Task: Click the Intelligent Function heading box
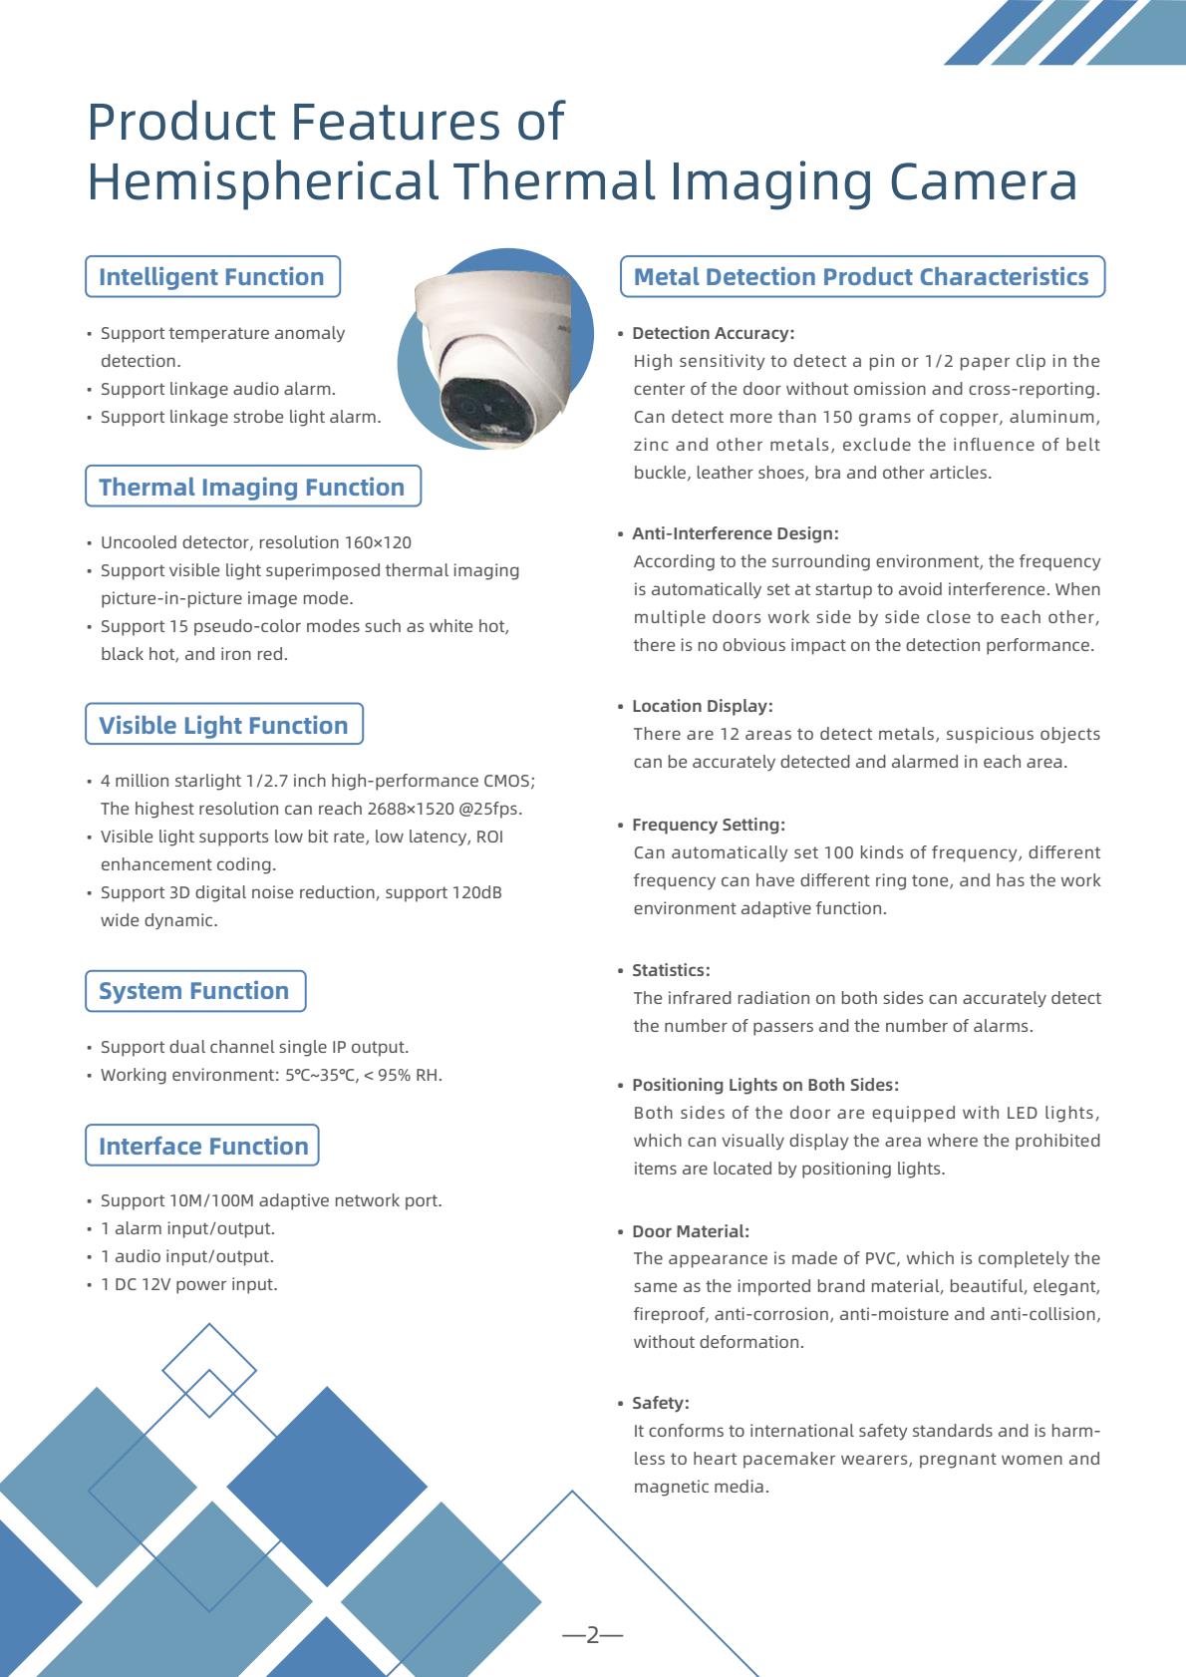click(212, 277)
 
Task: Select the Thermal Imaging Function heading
click(252, 487)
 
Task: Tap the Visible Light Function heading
click(223, 725)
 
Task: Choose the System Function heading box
click(194, 991)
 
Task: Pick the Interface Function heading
click(203, 1146)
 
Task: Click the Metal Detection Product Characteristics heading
click(861, 277)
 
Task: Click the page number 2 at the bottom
click(592, 1635)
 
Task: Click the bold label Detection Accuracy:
click(713, 333)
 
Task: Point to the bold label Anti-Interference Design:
click(735, 533)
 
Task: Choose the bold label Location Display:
click(702, 706)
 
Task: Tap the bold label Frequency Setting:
click(709, 825)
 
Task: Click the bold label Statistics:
click(671, 970)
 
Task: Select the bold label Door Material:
click(690, 1231)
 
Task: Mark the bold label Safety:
click(660, 1403)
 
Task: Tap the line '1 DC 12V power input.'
click(188, 1284)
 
